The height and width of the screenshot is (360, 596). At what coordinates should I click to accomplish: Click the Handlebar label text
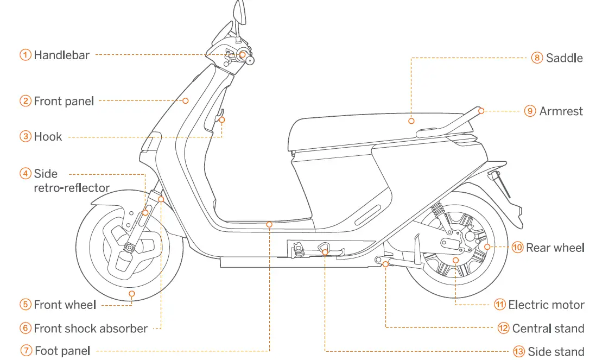coord(61,55)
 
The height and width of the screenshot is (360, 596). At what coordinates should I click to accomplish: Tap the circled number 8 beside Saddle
coord(537,58)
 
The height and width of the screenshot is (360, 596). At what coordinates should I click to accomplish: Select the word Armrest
coord(561,111)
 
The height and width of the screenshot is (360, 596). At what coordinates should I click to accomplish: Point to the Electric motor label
coord(546,305)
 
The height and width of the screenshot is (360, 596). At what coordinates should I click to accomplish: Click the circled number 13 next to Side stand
coord(519,352)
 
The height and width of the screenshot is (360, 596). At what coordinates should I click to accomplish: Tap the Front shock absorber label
coord(90,329)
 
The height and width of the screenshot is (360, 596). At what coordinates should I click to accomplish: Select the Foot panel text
coord(62,351)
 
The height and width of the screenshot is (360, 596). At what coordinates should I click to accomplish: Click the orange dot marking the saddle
coord(411,121)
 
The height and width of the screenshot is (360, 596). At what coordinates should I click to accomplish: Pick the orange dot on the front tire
coord(132,294)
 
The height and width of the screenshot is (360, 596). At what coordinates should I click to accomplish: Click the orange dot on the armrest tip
coord(481,111)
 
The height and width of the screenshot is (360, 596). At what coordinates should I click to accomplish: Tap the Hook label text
coord(48,137)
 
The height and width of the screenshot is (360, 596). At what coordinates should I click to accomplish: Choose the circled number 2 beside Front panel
coord(26,101)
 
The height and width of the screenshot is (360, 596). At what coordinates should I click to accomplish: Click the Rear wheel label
coord(555,248)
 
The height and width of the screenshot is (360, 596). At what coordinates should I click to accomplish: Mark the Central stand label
coord(548,329)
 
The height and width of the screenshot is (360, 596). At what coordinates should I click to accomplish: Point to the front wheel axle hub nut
coord(130,248)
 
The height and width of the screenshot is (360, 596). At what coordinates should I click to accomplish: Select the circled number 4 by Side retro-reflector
coord(26,174)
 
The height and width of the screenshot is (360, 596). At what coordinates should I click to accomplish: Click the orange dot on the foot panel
coord(269,223)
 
